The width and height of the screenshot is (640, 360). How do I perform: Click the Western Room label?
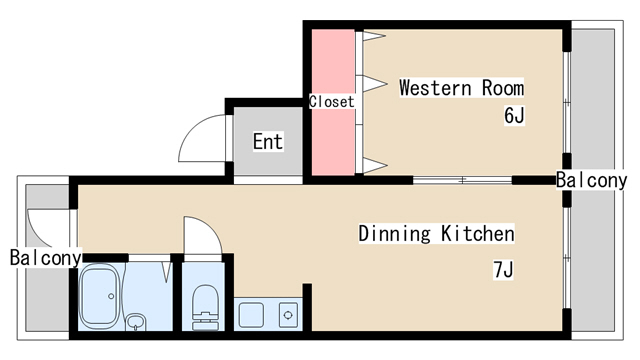click(x=462, y=88)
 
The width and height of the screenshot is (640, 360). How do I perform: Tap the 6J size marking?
click(x=514, y=115)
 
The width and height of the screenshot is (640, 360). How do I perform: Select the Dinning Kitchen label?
click(x=436, y=233)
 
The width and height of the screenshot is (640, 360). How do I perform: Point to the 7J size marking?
click(x=503, y=269)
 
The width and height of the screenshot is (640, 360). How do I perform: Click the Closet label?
click(x=331, y=101)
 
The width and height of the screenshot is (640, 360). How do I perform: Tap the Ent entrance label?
click(x=268, y=142)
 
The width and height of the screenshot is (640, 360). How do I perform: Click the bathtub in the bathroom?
click(x=99, y=296)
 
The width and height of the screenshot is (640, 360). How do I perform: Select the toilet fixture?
click(x=205, y=307)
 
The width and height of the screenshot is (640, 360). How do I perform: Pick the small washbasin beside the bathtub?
click(x=136, y=321)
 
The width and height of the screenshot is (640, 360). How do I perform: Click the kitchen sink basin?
click(x=251, y=315)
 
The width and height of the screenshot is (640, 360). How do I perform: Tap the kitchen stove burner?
click(x=288, y=315)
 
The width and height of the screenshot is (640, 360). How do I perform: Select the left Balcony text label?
click(x=45, y=258)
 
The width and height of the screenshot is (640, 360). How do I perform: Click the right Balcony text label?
click(x=591, y=180)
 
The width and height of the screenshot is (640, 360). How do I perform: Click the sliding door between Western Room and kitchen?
click(x=462, y=180)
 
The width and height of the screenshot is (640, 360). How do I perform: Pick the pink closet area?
click(x=333, y=102)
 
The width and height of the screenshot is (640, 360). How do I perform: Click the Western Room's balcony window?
click(x=567, y=102)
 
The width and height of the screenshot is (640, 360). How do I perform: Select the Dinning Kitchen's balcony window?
click(x=567, y=258)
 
